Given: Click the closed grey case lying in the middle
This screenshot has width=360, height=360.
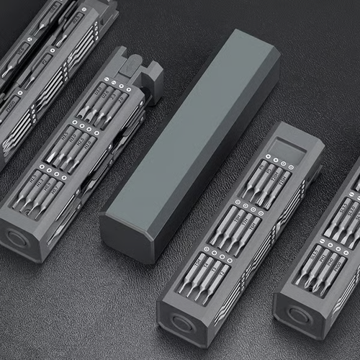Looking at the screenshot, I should click(x=191, y=144).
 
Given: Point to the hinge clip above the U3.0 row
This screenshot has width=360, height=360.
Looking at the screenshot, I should click(x=137, y=68).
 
